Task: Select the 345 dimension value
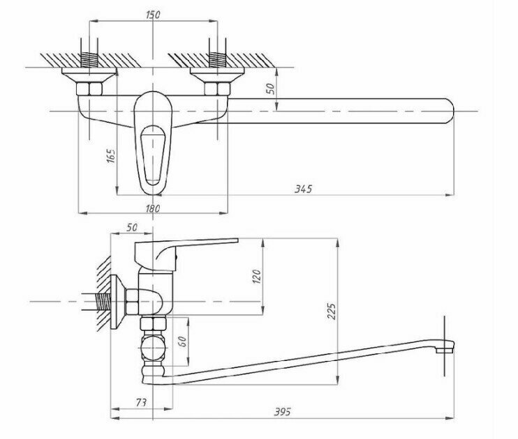tap(302, 189)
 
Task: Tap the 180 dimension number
tap(154, 208)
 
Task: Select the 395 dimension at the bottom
tap(283, 411)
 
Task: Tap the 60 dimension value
tap(182, 341)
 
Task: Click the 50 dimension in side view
tap(131, 228)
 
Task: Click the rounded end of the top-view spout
tap(447, 110)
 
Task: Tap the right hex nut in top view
tap(216, 88)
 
